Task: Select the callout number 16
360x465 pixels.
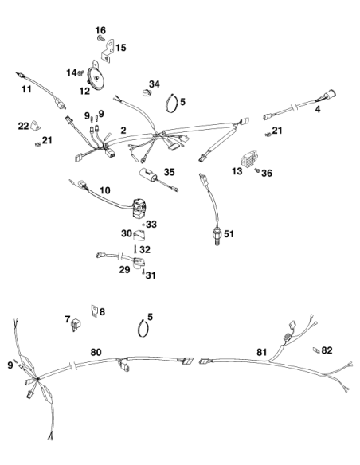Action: click(100, 30)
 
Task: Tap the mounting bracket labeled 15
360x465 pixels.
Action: click(108, 51)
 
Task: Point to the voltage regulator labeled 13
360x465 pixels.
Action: click(248, 160)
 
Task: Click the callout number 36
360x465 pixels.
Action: click(267, 173)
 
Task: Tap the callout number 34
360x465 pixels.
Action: click(155, 84)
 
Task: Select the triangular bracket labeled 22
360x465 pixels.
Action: click(35, 126)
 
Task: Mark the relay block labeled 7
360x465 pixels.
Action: click(76, 325)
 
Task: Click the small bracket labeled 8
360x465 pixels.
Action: click(94, 311)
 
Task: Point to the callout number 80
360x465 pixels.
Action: click(96, 352)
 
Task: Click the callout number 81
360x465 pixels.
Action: click(261, 352)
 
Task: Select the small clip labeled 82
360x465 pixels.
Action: click(316, 350)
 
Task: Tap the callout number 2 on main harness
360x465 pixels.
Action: click(123, 131)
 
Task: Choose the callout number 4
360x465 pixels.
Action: click(318, 109)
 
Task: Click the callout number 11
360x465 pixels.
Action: click(27, 89)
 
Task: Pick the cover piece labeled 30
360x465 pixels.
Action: click(139, 235)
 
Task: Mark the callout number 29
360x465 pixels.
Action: click(124, 270)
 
